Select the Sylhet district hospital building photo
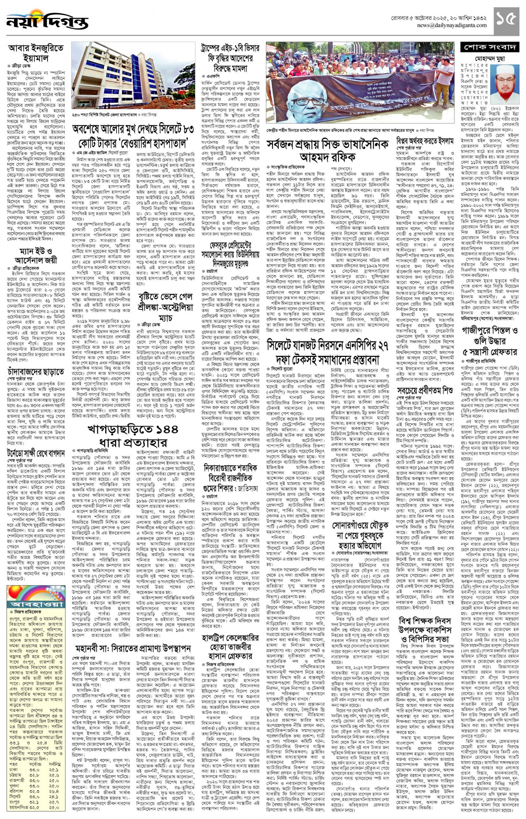133,76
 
